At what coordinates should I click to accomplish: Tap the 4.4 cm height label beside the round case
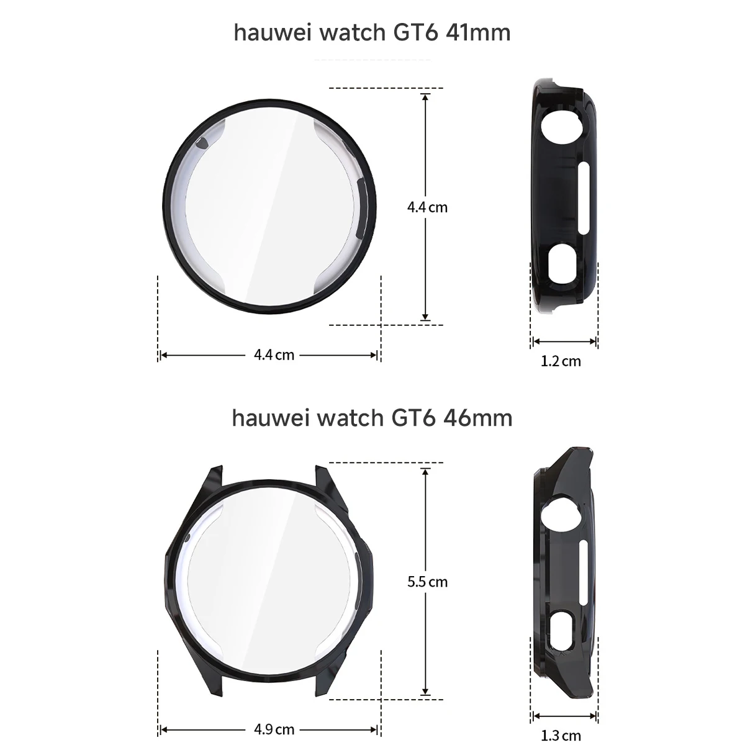[427, 207]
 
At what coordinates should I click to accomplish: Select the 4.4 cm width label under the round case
[274, 355]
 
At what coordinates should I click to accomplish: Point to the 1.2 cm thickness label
[561, 361]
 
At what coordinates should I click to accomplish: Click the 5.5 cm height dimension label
[427, 582]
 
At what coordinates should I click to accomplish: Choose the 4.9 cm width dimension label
[274, 729]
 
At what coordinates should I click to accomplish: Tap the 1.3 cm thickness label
[561, 736]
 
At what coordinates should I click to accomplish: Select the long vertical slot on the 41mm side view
[582, 198]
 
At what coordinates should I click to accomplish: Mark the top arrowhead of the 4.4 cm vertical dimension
[425, 96]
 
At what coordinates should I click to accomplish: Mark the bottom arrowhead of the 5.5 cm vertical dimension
[425, 692]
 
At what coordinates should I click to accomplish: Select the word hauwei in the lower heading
[270, 418]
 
